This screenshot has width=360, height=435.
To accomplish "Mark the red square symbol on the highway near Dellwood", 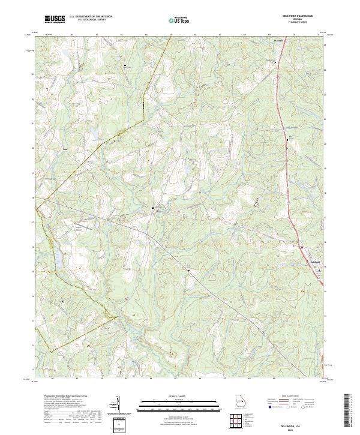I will point(302,247).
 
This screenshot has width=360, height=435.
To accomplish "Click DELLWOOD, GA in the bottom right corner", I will point(298,421).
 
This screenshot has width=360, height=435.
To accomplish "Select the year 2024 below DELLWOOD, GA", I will point(298,426).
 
